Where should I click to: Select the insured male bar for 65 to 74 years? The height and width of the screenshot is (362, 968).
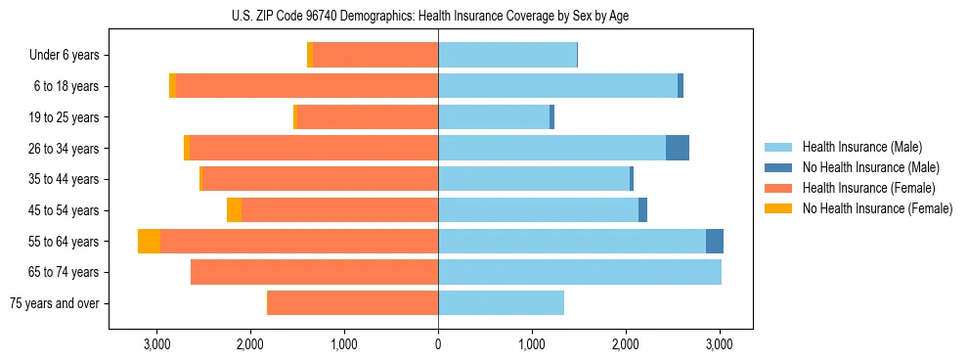(580, 272)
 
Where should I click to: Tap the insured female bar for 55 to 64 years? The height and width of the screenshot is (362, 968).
(299, 241)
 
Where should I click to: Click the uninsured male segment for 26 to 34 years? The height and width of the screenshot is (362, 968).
(678, 148)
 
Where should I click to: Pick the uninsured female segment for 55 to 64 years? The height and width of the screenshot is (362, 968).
(149, 241)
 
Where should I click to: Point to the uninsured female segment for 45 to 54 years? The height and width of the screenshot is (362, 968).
(234, 210)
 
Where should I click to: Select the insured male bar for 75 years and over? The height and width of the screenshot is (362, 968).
(501, 303)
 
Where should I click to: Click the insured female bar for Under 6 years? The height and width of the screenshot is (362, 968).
(375, 55)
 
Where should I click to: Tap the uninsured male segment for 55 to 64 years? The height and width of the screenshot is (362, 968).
(715, 241)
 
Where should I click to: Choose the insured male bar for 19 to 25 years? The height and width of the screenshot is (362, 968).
(494, 117)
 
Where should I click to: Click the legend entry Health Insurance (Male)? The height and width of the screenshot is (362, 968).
(861, 147)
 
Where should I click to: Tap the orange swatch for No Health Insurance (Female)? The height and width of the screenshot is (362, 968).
(779, 208)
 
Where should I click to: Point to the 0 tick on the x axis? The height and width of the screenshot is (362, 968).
(438, 344)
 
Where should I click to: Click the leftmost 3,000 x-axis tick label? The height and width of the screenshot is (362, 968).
(156, 344)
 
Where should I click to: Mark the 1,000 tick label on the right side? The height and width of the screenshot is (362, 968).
(532, 344)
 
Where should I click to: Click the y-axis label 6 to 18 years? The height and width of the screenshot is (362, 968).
(66, 86)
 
